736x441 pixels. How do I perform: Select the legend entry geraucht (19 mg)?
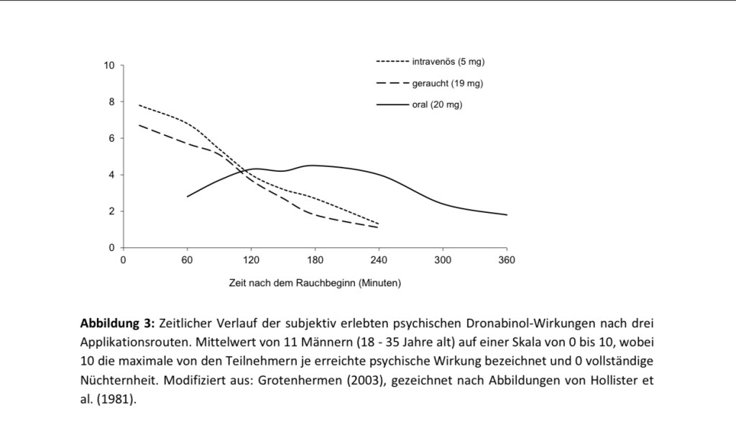point(447,83)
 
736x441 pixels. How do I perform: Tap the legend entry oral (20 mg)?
point(437,105)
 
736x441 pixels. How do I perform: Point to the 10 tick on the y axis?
point(109,65)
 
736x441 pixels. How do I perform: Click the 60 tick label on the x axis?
point(188,260)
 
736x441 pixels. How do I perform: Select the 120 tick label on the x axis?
point(252,260)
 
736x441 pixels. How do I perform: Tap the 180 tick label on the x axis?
point(316,260)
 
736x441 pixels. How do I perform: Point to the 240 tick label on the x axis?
point(379,260)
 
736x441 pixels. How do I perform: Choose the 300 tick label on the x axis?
point(443,260)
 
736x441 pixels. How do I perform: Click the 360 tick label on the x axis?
point(507,260)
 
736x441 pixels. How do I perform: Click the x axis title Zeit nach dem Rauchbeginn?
point(315,283)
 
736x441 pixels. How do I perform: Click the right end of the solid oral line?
point(507,214)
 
